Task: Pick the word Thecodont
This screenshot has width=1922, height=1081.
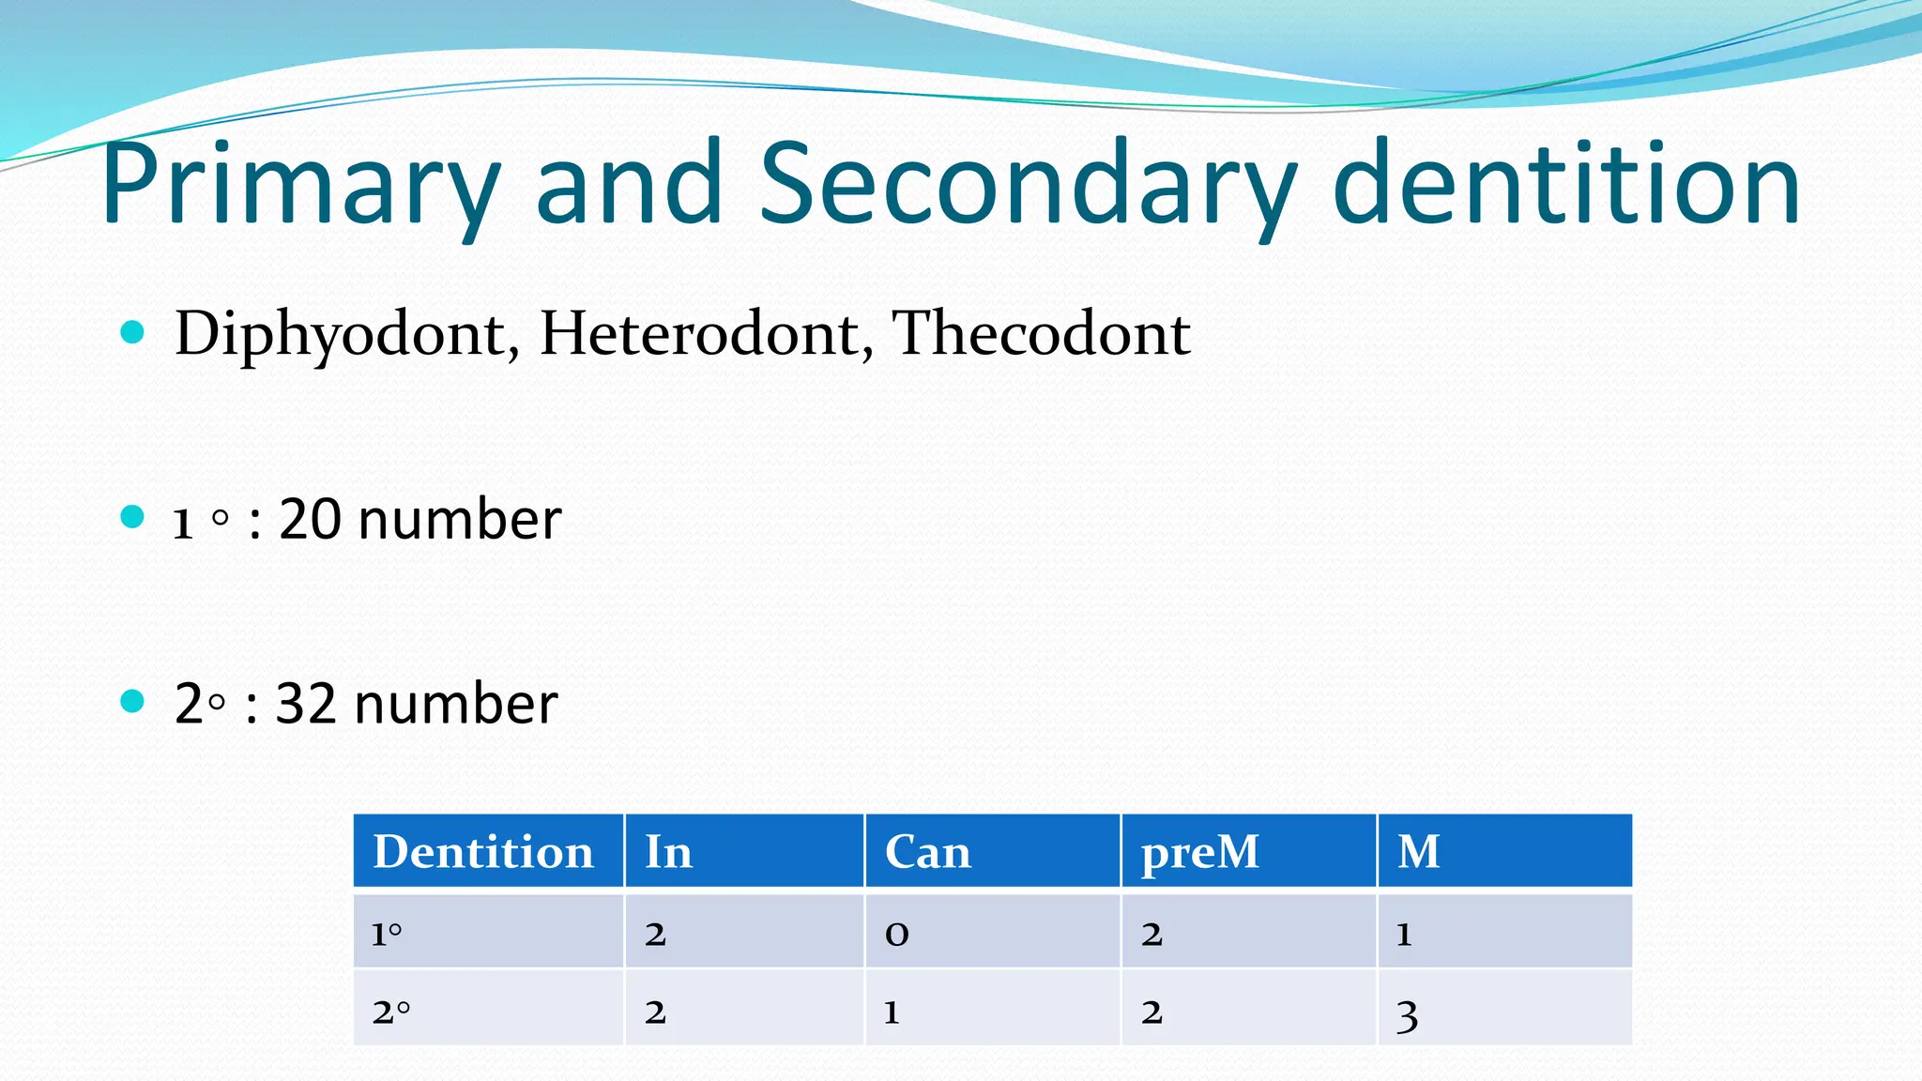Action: pyautogui.click(x=1040, y=334)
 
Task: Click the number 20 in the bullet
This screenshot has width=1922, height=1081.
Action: pyautogui.click(x=310, y=519)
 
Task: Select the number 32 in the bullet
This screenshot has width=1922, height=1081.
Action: pyautogui.click(x=306, y=704)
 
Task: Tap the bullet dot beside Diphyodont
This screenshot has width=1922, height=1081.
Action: pyautogui.click(x=132, y=331)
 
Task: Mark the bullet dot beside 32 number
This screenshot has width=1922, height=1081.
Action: pyautogui.click(x=132, y=701)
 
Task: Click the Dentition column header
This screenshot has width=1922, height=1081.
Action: pyautogui.click(x=483, y=852)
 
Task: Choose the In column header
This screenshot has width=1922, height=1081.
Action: pyautogui.click(x=668, y=852)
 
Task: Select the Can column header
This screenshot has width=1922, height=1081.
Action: pyautogui.click(x=927, y=852)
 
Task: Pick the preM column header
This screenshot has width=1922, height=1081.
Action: pyautogui.click(x=1199, y=852)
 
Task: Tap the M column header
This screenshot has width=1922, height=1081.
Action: pyautogui.click(x=1418, y=852)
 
